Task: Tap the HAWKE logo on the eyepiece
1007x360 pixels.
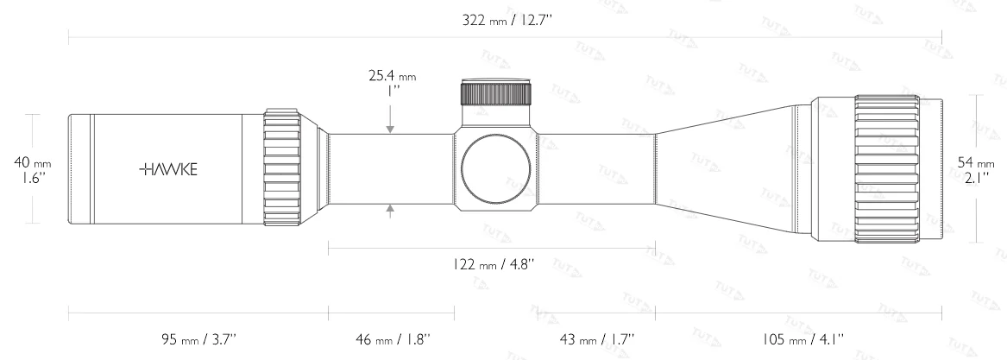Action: click(x=167, y=169)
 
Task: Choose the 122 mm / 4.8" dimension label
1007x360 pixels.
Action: click(x=490, y=265)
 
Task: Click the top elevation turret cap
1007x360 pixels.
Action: click(x=495, y=92)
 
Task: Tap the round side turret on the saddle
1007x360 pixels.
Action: click(x=494, y=170)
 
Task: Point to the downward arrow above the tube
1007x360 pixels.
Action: click(x=391, y=128)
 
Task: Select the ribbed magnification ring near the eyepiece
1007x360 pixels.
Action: click(x=282, y=169)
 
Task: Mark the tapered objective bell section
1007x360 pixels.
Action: click(x=733, y=169)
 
